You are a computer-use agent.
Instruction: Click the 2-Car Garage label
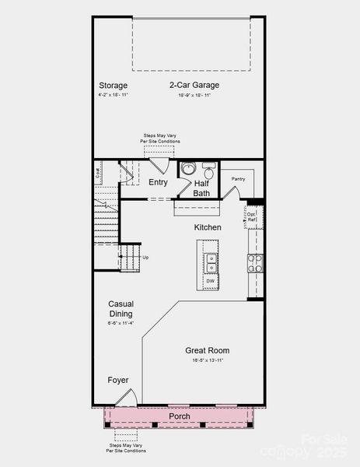[194, 85]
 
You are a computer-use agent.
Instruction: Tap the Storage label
[113, 85]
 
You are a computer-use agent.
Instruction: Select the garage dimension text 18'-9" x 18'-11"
[194, 95]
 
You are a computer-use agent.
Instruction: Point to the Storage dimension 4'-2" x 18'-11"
[113, 95]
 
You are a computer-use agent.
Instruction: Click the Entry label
[158, 182]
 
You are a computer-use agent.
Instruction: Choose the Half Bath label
[201, 188]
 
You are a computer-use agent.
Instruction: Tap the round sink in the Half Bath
[187, 168]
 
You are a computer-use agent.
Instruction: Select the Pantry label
[238, 179]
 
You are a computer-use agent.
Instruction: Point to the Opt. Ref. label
[252, 216]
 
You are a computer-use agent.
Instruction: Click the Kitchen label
[208, 227]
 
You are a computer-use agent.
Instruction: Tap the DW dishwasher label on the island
[210, 281]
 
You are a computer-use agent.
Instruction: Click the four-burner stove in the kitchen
[255, 263]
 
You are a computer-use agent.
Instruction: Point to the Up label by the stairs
[145, 257]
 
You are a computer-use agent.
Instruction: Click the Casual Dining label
[121, 309]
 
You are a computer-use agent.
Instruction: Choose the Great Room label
[207, 350]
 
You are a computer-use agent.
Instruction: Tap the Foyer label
[118, 380]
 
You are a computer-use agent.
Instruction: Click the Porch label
[180, 416]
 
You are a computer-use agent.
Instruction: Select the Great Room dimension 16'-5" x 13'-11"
[207, 360]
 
